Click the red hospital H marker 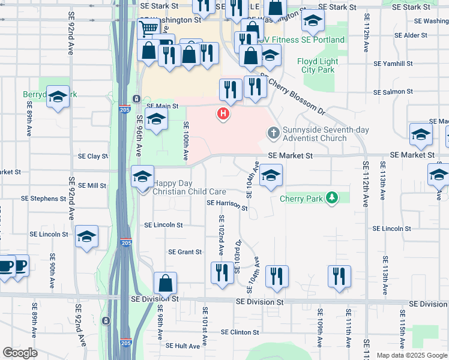pyautogui.click(x=223, y=113)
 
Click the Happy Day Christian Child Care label pyautogui.click(x=189, y=188)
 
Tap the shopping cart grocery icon pyautogui.click(x=148, y=28)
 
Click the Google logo pyautogui.click(x=20, y=352)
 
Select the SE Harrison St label pyautogui.click(x=227, y=205)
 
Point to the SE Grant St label pyautogui.click(x=185, y=252)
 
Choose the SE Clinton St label pyautogui.click(x=240, y=332)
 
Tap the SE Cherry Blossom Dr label pyautogui.click(x=294, y=96)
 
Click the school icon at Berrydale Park pyautogui.click(x=58, y=97)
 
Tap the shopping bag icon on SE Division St pyautogui.click(x=165, y=284)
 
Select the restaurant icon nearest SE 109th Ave pyautogui.click(x=339, y=277)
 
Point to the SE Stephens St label pyautogui.click(x=43, y=198)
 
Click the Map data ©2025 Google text pyautogui.click(x=412, y=355)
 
